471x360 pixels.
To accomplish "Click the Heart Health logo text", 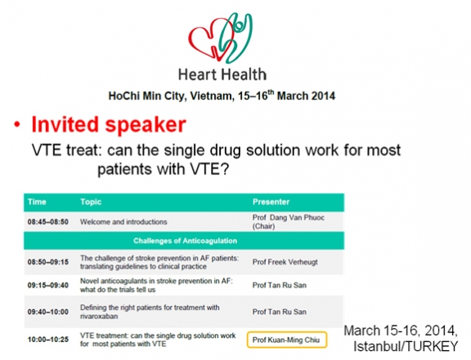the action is (222, 74).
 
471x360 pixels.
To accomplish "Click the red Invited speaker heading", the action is (109, 124).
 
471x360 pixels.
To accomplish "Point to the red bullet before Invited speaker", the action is (17, 124).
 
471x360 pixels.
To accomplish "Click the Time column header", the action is (37, 201).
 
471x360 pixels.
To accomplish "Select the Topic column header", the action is (91, 202).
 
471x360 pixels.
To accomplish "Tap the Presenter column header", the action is (271, 201).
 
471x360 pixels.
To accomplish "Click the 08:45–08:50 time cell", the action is (48, 222).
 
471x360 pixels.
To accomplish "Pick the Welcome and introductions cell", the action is (123, 222).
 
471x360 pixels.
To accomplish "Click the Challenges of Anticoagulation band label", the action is (185, 241).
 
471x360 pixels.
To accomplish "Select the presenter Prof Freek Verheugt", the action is (285, 262).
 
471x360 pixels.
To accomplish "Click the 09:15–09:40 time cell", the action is (48, 286).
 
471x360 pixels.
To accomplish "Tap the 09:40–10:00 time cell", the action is (48, 312).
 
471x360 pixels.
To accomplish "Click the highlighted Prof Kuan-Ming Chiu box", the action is (287, 340).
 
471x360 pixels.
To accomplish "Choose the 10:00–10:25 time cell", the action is (48, 340).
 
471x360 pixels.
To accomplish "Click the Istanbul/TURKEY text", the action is (406, 346).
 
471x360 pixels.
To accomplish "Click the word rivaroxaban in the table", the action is (99, 316).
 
